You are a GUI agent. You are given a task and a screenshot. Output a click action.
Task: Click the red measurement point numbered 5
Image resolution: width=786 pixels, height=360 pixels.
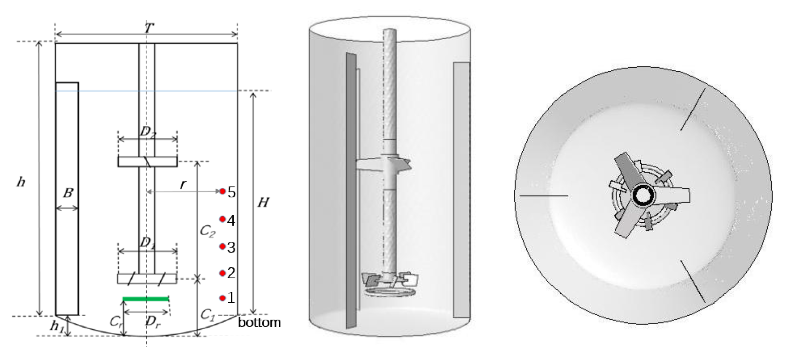point(222,191)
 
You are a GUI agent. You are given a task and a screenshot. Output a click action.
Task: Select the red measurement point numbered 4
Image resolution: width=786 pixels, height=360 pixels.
point(222,219)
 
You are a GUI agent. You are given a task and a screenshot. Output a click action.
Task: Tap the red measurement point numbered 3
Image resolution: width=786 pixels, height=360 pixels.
point(222,246)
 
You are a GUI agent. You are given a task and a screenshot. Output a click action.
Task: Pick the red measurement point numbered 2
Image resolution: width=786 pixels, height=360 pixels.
point(222,273)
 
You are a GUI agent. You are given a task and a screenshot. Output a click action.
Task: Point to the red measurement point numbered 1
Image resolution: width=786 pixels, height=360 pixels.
point(222,298)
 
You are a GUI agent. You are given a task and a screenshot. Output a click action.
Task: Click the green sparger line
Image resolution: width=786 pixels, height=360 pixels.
point(146,298)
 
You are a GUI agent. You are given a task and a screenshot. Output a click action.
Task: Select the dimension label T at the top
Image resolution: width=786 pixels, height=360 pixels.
point(149,29)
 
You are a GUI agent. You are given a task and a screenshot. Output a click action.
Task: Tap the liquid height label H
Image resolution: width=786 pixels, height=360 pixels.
point(263,202)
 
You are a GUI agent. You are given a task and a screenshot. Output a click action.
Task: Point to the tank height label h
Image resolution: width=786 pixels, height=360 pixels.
point(21,182)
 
